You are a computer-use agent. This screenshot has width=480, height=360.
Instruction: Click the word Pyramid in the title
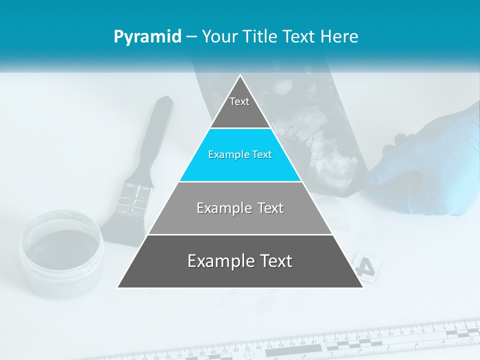tap(147, 37)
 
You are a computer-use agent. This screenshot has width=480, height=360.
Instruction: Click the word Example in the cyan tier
tap(224, 155)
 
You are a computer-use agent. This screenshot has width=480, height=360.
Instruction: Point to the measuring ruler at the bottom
tap(350, 342)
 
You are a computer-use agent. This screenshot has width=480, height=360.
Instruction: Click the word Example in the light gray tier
tap(219, 208)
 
